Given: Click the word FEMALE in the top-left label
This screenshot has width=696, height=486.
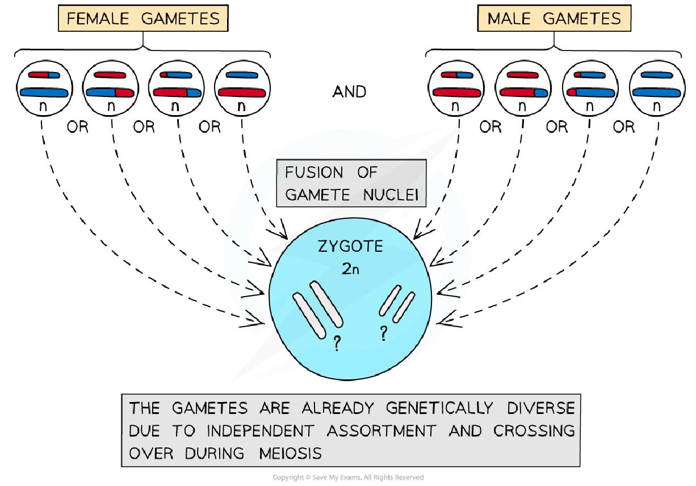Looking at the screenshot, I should tap(98, 18).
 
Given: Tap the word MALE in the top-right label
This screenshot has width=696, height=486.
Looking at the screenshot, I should tap(513, 18).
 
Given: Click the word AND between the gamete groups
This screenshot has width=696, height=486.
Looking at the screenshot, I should tap(349, 91).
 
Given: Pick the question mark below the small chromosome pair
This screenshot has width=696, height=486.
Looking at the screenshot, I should tap(383, 335).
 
